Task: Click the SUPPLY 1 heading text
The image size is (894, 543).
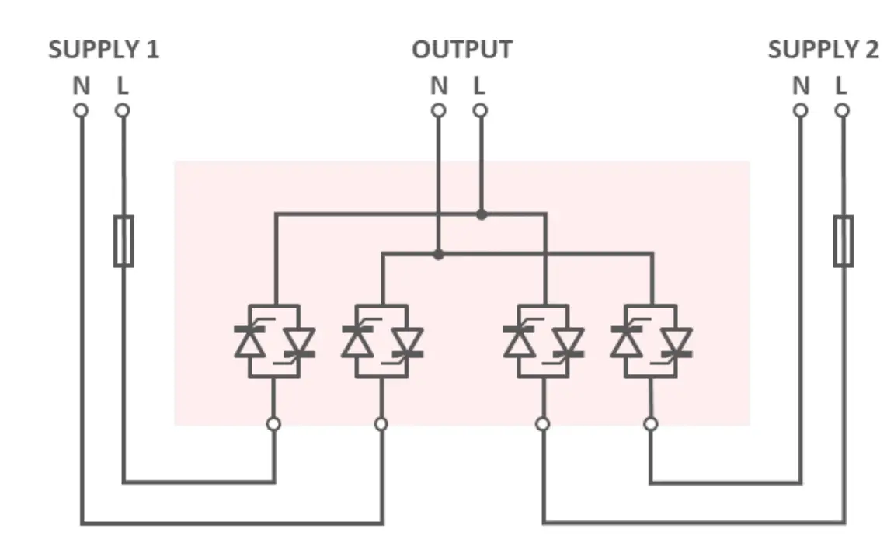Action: pos(103,50)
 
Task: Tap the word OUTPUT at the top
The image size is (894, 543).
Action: pos(461,50)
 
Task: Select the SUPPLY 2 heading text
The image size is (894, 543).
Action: pos(823,50)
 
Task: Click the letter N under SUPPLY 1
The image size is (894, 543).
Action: pos(81,86)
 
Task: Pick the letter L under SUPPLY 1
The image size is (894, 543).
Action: pos(122,86)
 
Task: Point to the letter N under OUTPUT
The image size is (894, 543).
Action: pos(439,86)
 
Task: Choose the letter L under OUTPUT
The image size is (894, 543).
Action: pos(479,86)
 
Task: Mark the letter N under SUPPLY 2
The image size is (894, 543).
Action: pos(800,86)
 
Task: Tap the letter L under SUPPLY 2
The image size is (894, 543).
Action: pos(841,86)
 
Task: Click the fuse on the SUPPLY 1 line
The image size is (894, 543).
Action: pos(123,242)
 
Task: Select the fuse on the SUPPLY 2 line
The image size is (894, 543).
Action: pos(843,242)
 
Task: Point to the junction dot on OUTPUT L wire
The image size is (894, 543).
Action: pos(482,214)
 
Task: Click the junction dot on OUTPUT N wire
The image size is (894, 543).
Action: pos(439,254)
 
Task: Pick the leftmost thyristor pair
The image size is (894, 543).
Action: pos(273,341)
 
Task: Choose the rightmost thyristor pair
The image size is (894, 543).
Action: pos(651,341)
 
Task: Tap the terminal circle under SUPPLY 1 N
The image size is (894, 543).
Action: pos(81,110)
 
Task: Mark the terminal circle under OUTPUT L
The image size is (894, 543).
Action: pos(480,110)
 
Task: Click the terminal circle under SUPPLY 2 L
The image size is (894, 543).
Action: pos(842,110)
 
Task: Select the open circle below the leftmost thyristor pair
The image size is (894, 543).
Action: pos(273,423)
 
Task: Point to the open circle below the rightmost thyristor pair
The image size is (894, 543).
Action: pos(651,423)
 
